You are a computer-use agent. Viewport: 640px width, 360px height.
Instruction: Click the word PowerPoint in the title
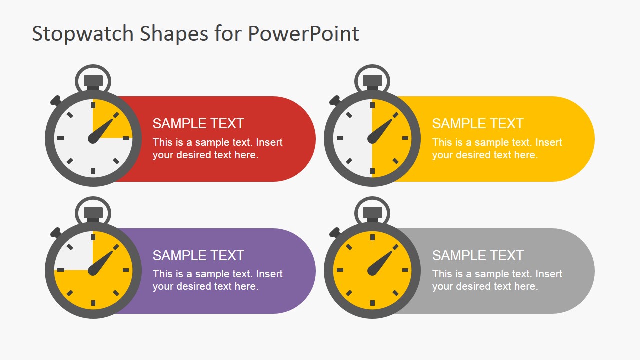click(x=303, y=34)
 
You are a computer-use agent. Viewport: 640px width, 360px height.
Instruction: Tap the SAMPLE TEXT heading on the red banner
click(x=198, y=123)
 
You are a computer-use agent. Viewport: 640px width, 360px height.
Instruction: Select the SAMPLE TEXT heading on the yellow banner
click(x=477, y=123)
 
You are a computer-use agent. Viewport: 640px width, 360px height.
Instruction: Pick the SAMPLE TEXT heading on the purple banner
click(x=198, y=255)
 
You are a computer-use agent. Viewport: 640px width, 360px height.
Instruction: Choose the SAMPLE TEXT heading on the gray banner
click(x=477, y=255)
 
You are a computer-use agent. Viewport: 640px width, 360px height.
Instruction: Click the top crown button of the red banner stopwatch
click(x=93, y=81)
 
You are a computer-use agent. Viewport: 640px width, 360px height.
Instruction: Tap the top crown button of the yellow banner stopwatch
click(x=372, y=81)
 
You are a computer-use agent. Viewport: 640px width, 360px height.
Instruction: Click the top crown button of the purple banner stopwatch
click(x=93, y=213)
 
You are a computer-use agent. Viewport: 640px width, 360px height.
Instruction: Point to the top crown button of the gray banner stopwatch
click(x=372, y=213)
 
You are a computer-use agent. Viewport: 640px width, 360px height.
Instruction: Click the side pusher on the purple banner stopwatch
click(x=55, y=232)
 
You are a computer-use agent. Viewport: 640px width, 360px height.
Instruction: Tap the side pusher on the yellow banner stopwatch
click(x=334, y=100)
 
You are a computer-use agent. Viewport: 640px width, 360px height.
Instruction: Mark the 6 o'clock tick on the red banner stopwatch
click(x=93, y=171)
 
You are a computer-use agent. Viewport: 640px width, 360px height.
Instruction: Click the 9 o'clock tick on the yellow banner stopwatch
click(x=340, y=138)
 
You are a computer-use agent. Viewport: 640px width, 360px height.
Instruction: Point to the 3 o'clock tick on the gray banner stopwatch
click(x=405, y=270)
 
